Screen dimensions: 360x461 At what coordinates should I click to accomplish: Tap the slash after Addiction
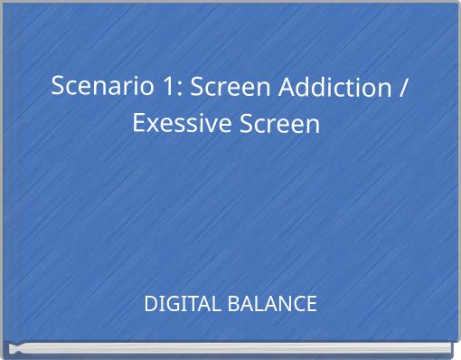[402, 88]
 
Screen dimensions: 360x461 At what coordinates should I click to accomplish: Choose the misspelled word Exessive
[181, 122]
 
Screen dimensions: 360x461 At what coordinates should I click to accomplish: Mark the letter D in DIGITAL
[151, 304]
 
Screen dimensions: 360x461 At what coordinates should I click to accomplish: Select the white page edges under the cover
[230, 350]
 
